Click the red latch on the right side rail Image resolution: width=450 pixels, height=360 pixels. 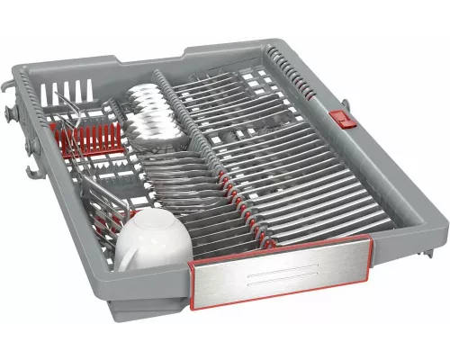pyautogui.click(x=339, y=118)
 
